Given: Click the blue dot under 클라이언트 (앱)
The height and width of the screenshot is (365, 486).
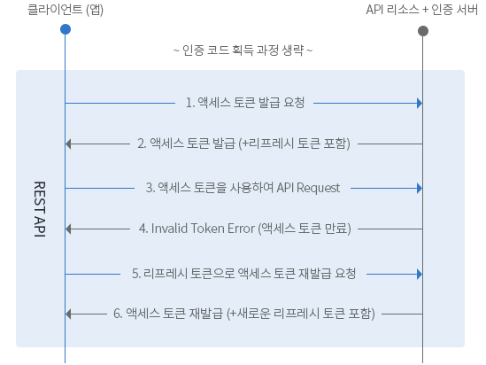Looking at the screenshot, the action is click(66, 29).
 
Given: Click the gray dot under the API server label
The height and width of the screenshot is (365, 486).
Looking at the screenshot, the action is click(423, 31).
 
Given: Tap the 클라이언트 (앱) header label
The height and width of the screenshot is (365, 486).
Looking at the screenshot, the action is click(66, 10).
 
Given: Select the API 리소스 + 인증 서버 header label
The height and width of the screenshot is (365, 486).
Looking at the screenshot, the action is click(422, 10).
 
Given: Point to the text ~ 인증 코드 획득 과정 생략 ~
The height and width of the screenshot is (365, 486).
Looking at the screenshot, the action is click(243, 50).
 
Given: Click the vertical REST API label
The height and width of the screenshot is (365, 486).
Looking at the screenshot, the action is click(40, 209).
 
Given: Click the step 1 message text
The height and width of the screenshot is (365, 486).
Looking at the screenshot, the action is click(245, 103).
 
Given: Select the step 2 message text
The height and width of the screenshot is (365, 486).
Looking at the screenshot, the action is click(244, 144).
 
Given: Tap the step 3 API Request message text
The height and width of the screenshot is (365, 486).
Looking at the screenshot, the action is click(243, 188).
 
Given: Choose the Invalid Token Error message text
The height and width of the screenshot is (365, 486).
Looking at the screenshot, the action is click(245, 229).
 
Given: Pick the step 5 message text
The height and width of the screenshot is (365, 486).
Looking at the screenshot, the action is click(243, 274).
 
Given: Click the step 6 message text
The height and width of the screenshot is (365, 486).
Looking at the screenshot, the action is click(244, 314).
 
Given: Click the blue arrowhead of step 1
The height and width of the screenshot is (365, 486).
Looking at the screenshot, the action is click(420, 104).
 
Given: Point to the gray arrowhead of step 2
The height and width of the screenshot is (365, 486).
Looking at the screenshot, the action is click(68, 144).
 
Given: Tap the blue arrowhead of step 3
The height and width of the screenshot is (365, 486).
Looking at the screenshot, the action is click(420, 188).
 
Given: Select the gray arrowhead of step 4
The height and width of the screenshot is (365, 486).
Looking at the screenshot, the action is click(68, 229).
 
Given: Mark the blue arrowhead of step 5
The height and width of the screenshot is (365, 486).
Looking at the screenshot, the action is click(420, 274).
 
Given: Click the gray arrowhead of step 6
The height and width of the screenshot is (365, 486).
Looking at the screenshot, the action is click(68, 315).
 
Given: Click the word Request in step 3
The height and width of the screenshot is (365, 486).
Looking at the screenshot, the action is click(318, 188).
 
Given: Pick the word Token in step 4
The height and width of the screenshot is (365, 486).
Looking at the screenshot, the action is click(207, 229).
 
